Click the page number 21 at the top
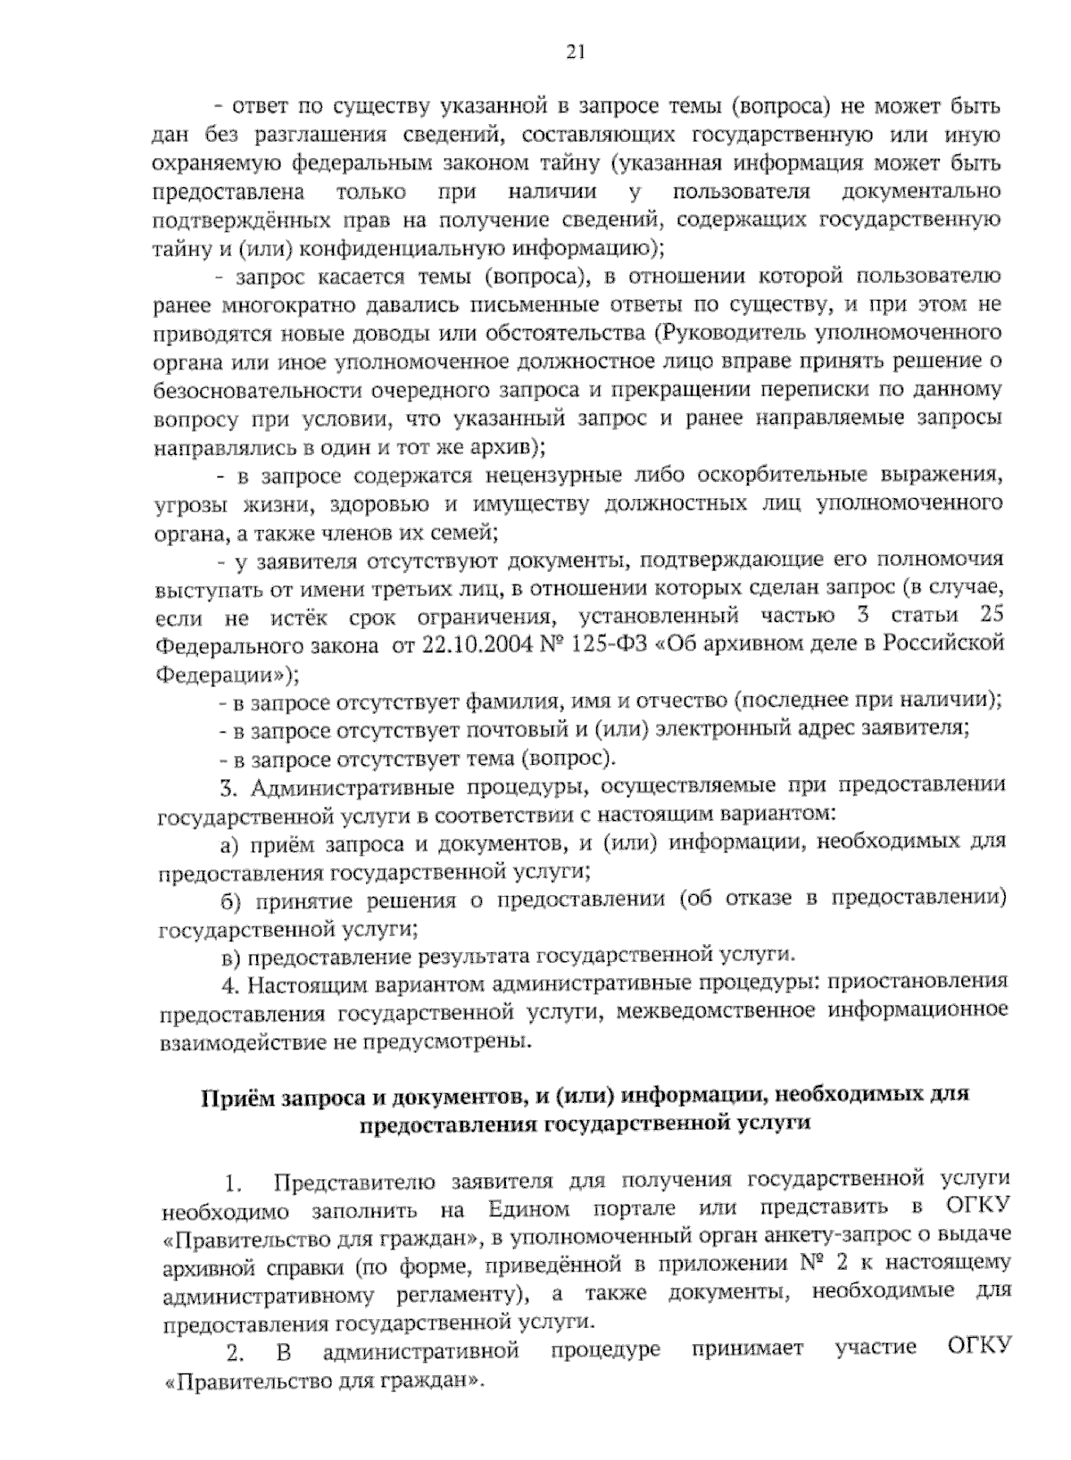click(x=575, y=51)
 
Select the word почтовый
click(x=512, y=729)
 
